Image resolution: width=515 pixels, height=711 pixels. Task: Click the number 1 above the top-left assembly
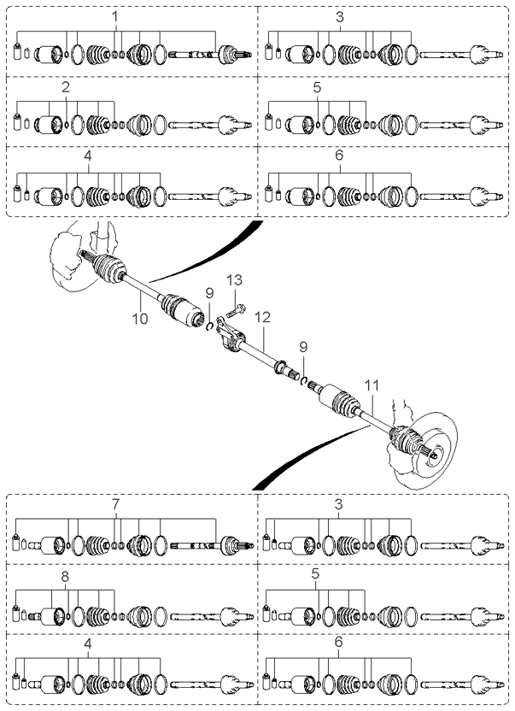115,17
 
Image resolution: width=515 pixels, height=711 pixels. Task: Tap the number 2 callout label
66,87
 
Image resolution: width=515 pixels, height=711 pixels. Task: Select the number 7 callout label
115,504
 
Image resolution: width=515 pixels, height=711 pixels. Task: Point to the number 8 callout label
65,577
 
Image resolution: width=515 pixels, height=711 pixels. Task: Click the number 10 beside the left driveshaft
140,319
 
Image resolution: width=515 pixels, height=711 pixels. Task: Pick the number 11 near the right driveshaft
372,386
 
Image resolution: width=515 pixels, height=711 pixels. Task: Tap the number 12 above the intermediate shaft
262,317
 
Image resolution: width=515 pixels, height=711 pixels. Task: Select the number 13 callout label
234,279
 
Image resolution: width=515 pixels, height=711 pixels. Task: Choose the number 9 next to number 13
209,293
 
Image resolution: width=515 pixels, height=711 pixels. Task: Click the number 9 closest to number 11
303,347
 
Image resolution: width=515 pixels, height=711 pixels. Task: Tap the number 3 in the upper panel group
340,17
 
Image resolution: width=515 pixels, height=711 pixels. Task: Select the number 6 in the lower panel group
339,642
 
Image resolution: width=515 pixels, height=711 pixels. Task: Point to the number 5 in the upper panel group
317,87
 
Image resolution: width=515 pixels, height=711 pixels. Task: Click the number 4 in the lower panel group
88,643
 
